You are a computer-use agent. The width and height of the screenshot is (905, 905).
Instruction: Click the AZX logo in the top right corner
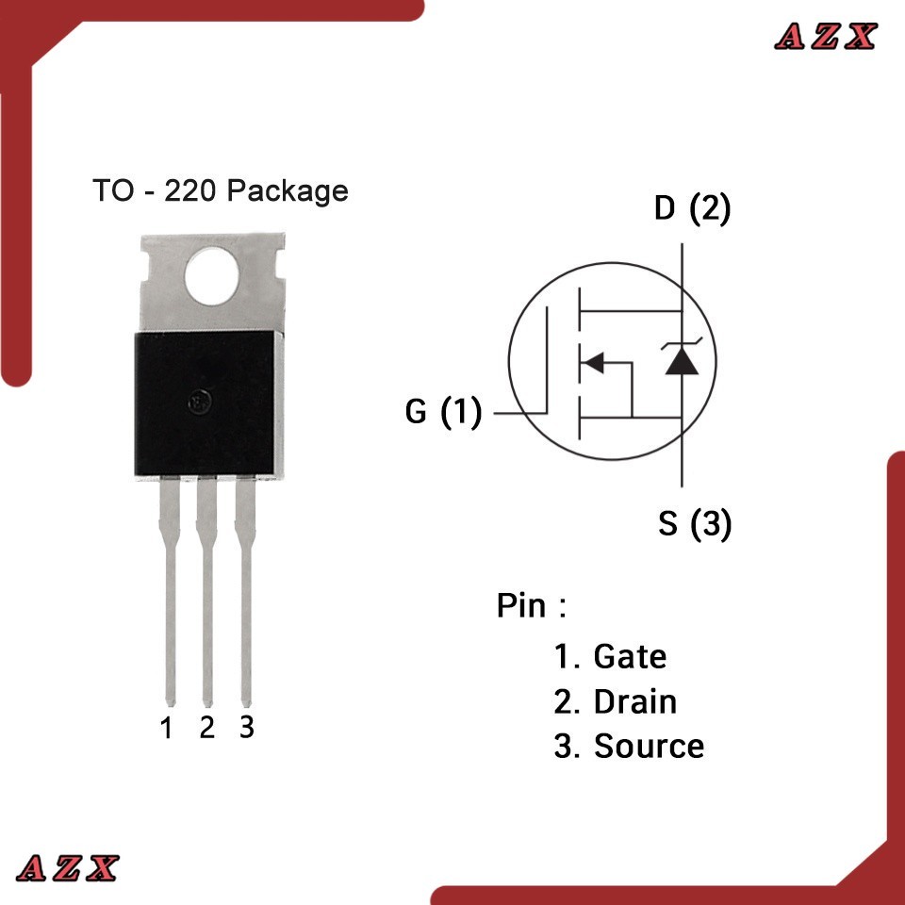pos(826,37)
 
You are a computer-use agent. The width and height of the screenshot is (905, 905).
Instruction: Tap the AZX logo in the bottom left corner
pos(68,867)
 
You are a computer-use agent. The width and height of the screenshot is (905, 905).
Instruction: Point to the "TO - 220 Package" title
pos(220,191)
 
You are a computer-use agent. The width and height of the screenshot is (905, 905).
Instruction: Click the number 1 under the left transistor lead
pos(167,729)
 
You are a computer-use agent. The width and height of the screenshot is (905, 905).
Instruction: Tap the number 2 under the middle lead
pos(207,728)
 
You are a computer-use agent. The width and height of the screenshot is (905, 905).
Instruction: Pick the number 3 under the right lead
pos(246,728)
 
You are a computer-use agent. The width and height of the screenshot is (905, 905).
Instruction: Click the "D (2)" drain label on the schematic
pos(692,209)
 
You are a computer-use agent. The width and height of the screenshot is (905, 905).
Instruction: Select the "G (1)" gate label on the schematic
pos(443,412)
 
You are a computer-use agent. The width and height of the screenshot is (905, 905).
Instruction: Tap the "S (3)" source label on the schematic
pos(694,524)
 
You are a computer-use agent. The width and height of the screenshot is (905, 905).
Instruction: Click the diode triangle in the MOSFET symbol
pos(681,360)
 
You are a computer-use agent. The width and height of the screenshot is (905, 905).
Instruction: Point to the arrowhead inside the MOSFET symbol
pos(593,362)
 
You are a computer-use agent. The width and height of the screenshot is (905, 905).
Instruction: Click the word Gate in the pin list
pos(630,656)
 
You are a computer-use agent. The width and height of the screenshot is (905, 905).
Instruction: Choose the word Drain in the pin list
pos(634,701)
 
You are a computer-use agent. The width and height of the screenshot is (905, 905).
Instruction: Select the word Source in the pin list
pos(649,747)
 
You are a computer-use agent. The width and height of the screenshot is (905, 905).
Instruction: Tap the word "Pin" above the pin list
pos(521,606)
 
